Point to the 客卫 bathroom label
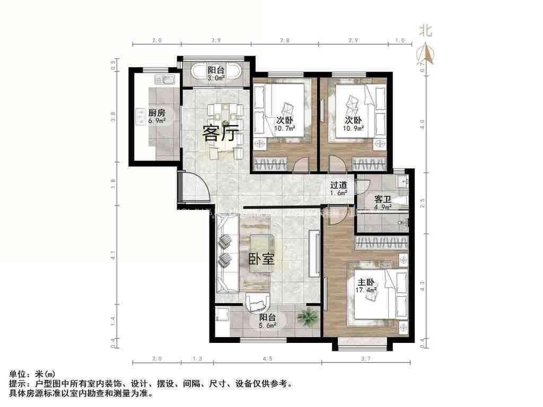click(382, 199)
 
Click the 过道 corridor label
click(338, 185)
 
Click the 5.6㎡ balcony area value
click(267, 325)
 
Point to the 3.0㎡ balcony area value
click(216, 78)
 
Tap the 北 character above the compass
click(426, 31)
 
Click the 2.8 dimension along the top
click(285, 41)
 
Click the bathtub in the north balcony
click(216, 73)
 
